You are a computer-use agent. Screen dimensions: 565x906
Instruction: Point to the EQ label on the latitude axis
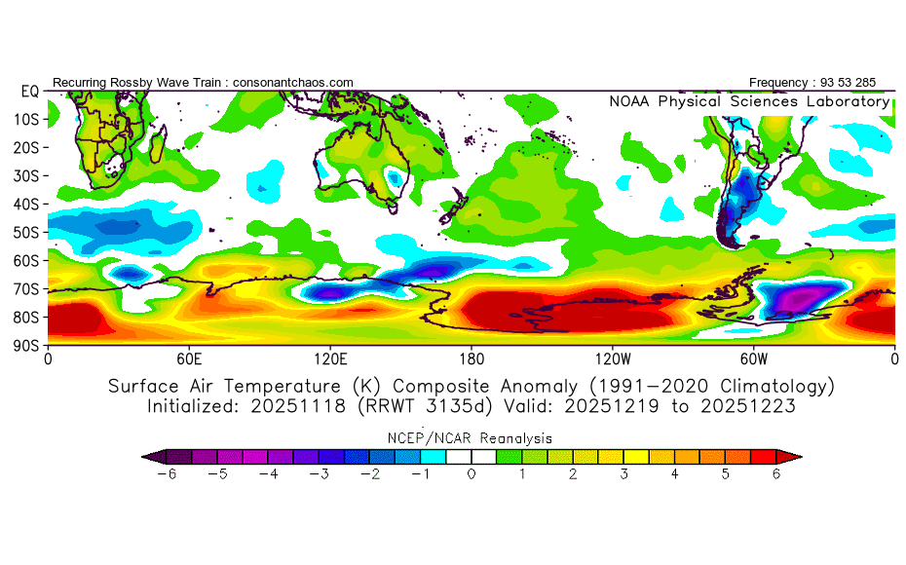tap(28, 91)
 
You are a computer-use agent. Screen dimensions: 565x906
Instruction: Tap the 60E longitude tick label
tap(189, 358)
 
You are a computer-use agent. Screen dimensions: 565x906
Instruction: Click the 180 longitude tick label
tap(472, 358)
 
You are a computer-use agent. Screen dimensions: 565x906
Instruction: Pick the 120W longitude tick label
tap(612, 358)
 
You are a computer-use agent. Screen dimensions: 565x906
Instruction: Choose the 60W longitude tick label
tap(753, 358)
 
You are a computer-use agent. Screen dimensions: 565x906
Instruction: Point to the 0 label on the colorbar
tap(472, 473)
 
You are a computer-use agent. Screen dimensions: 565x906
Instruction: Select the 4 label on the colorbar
tap(674, 473)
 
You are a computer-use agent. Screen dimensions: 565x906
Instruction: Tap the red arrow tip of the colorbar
tap(795, 455)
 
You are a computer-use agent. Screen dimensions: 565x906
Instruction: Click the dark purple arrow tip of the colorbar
tap(148, 455)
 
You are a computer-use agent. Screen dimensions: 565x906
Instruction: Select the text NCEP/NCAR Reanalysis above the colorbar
tap(472, 438)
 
